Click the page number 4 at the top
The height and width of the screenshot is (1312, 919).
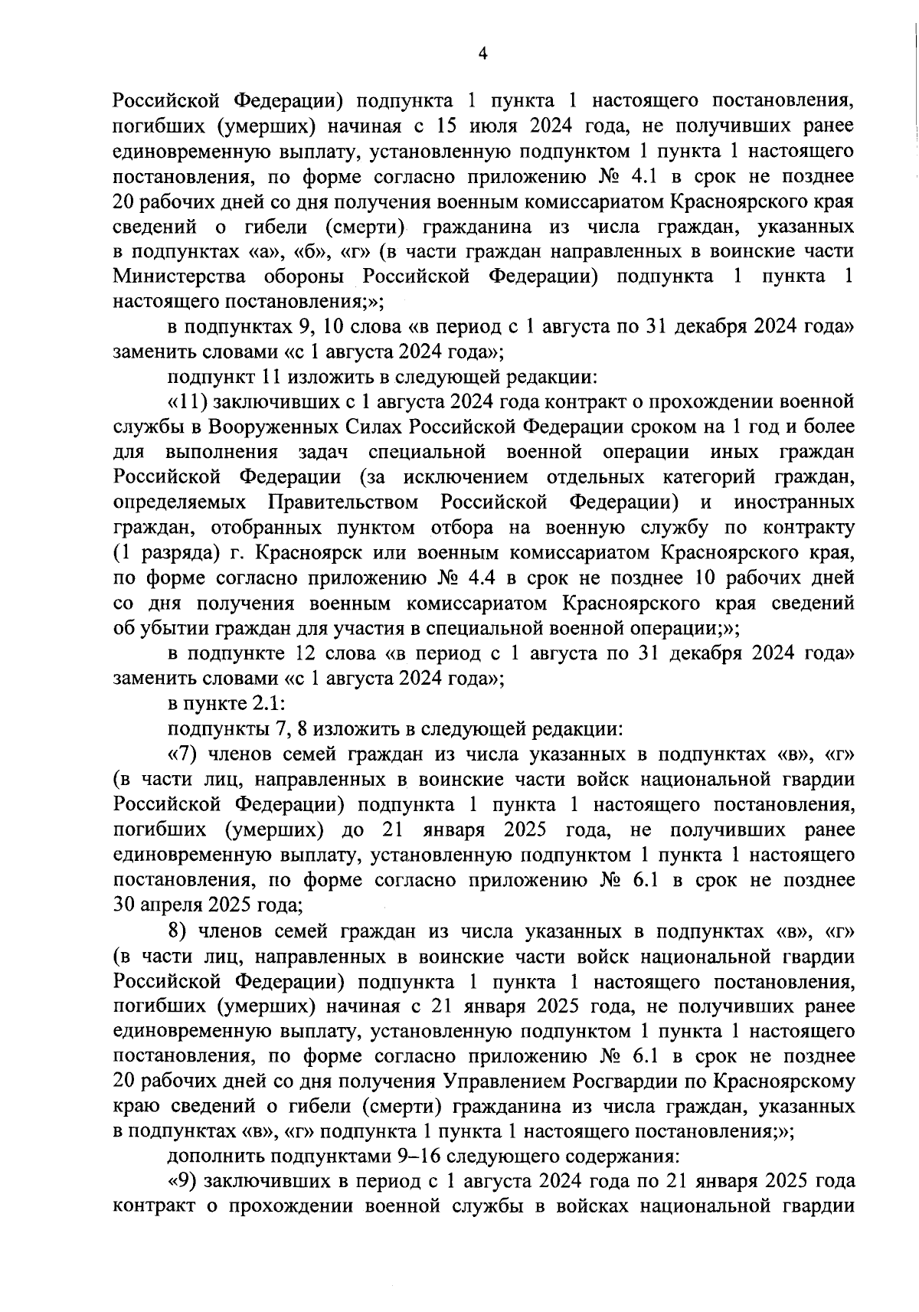[482, 53]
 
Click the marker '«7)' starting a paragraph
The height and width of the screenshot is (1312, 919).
[184, 754]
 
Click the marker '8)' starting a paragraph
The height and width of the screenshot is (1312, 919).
[178, 931]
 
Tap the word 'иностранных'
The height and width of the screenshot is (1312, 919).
[793, 502]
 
